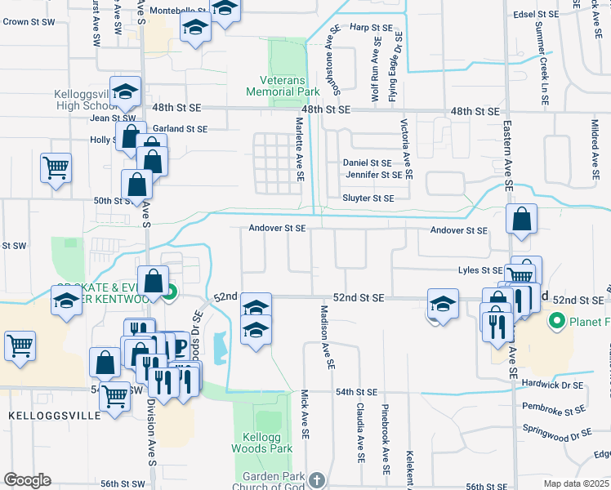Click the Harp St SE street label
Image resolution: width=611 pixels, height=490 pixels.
[x=366, y=27]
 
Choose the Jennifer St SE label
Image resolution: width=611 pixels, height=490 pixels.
[x=373, y=175]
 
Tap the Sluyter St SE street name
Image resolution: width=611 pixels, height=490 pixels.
[x=368, y=198]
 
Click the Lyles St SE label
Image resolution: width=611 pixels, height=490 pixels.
[x=480, y=270]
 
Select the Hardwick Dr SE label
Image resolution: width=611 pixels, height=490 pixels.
[x=555, y=384]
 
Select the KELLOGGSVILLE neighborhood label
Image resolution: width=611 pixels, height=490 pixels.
[x=55, y=415]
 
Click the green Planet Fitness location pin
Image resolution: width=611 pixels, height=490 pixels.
[x=558, y=321]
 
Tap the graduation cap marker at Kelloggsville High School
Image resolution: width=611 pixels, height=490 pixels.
[x=126, y=92]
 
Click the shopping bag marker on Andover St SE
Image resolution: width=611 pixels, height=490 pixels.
[x=521, y=220]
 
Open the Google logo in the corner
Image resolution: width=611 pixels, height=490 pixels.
[x=27, y=480]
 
